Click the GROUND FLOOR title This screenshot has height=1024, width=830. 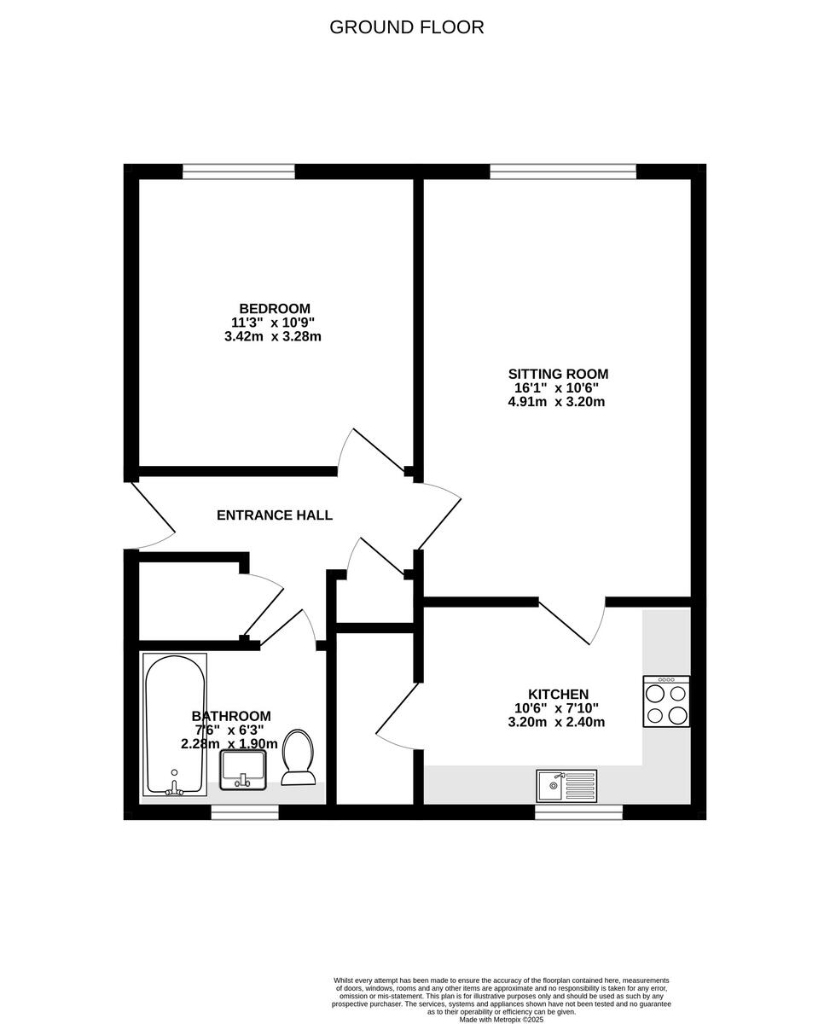coord(406,27)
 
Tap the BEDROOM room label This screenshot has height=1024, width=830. coord(274,309)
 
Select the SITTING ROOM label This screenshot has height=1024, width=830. coord(558,374)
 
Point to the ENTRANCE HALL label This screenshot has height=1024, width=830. coord(274,515)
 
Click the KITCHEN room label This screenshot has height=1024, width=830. coord(558,695)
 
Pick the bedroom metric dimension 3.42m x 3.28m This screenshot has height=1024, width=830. coord(272,336)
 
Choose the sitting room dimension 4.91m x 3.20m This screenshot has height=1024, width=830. coord(556,401)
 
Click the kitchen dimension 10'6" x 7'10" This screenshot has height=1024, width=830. coord(556,708)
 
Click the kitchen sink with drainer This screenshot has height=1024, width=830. coord(567,785)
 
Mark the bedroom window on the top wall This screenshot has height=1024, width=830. coord(239,172)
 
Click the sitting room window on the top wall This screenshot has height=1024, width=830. coord(563,172)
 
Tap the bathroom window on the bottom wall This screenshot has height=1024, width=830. coord(245,813)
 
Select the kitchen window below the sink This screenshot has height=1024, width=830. coord(578,813)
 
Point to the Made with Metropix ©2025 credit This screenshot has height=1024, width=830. coord(501,1019)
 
